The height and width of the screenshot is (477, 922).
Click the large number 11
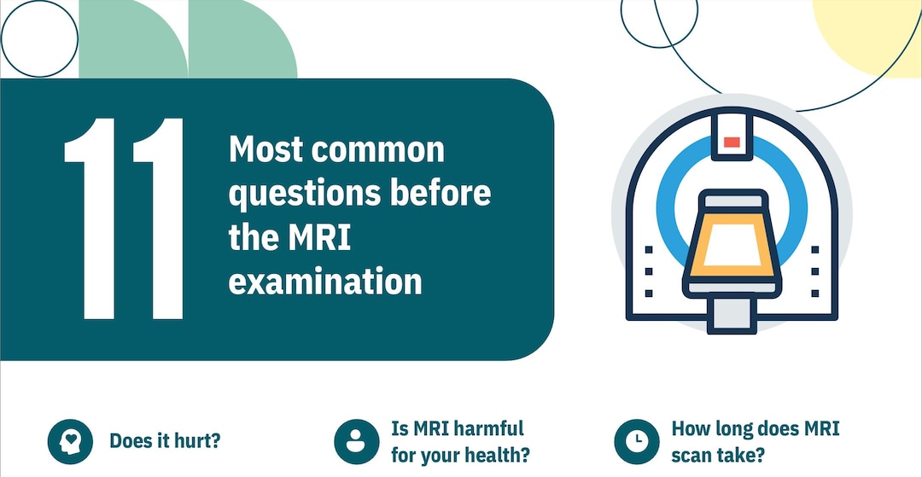click(x=125, y=218)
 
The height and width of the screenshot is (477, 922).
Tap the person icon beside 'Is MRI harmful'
click(x=355, y=441)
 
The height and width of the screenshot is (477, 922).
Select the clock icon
click(x=635, y=441)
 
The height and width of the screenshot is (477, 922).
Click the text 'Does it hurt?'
click(x=166, y=441)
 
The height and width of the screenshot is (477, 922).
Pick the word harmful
click(x=483, y=428)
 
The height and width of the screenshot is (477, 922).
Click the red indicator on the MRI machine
click(x=732, y=142)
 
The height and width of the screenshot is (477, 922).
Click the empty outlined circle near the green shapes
click(x=39, y=38)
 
